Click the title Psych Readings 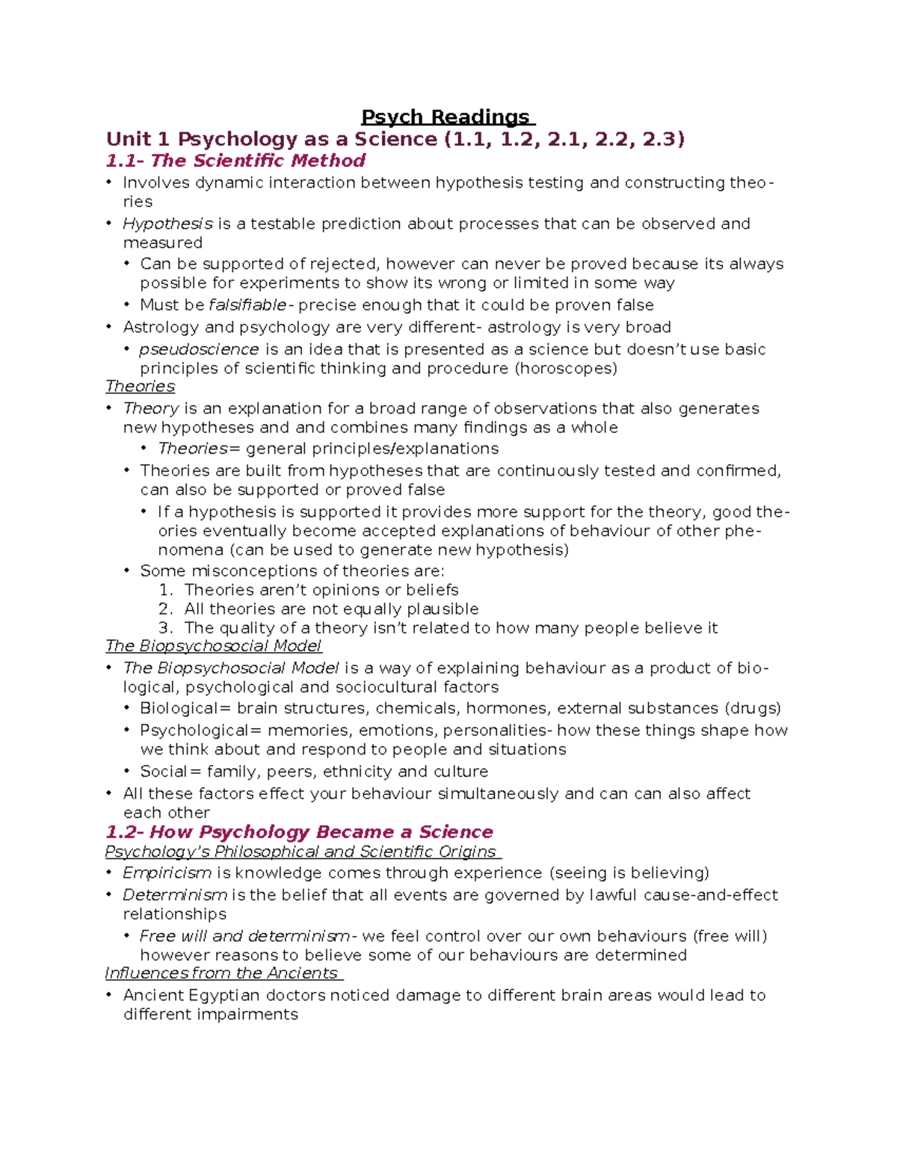coord(447,117)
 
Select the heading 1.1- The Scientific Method coord(235,161)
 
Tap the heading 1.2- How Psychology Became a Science coord(299,832)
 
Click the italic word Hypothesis coord(167,224)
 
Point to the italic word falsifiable coord(247,305)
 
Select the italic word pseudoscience coord(199,349)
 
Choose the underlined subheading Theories coord(140,387)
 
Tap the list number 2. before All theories coord(166,609)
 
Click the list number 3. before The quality coord(166,628)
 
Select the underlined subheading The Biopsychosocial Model coord(213,646)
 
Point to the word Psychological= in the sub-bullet coord(200,730)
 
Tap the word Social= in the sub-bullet coord(170,772)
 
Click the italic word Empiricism coord(167,873)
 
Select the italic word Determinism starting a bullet coord(175,895)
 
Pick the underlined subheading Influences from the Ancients coord(222,973)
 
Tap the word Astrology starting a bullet coord(161,327)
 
